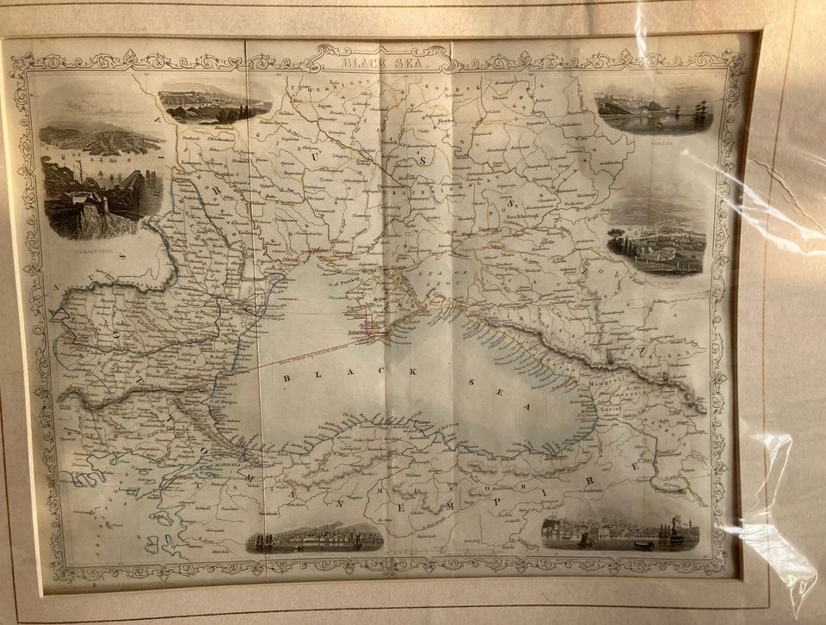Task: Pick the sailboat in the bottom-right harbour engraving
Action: (585, 539)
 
